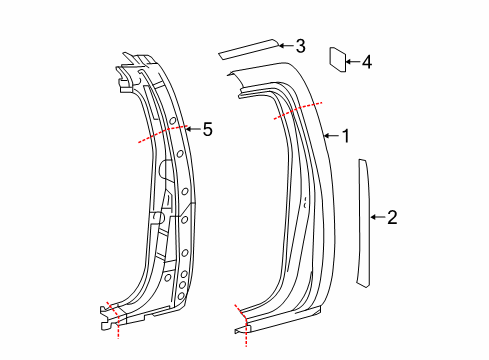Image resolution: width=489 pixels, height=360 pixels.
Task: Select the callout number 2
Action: click(x=392, y=216)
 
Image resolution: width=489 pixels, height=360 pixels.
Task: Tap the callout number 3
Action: click(x=300, y=45)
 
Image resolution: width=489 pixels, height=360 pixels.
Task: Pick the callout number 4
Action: click(x=366, y=62)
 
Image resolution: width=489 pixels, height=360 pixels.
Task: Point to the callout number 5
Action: click(x=207, y=128)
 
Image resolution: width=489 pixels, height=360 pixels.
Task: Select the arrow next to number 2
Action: click(x=376, y=216)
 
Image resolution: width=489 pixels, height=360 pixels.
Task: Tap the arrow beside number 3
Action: click(x=284, y=45)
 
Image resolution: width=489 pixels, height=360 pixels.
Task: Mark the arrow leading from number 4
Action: click(x=351, y=62)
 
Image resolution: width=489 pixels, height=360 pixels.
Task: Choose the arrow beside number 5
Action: click(x=192, y=128)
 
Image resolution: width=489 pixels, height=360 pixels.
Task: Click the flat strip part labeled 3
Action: click(x=249, y=46)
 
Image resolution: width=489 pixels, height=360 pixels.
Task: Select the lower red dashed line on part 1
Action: click(x=240, y=321)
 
